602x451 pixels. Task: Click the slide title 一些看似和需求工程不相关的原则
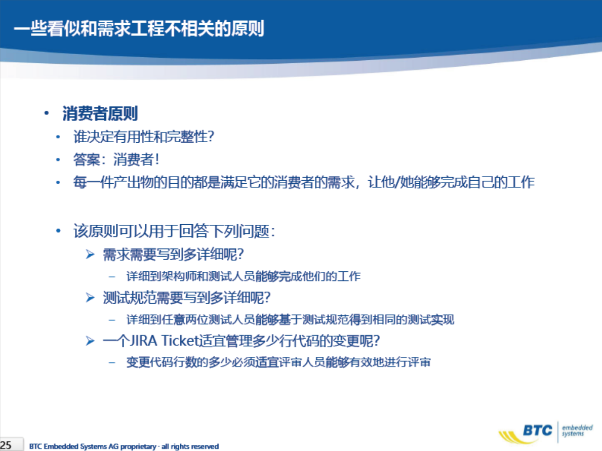(x=139, y=28)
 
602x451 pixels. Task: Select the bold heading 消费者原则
(x=100, y=113)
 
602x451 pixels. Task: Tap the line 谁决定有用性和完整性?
(x=144, y=137)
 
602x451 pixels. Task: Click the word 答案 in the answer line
(x=87, y=159)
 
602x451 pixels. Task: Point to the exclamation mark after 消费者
(x=156, y=159)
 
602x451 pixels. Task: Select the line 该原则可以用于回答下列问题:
(x=174, y=231)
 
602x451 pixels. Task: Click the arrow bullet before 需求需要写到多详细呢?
(x=90, y=254)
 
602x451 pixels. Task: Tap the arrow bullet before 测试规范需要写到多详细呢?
(x=90, y=298)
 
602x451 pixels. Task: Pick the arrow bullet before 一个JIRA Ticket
(x=90, y=341)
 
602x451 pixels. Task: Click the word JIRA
(x=144, y=341)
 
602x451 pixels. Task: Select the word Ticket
(x=180, y=341)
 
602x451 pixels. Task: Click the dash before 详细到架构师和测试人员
(x=112, y=276)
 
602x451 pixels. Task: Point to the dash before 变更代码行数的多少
(x=112, y=362)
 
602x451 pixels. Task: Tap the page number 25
(x=6, y=445)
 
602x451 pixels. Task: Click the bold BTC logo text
(x=538, y=430)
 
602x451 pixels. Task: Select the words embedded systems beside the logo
(x=577, y=430)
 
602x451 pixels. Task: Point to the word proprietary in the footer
(x=138, y=446)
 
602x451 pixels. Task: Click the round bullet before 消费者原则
(x=47, y=113)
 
